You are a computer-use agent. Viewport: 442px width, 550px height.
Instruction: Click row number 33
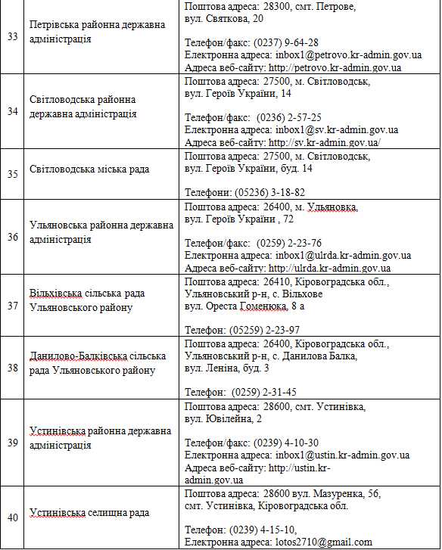[x=13, y=36]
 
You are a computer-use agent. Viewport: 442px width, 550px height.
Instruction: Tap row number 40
[x=13, y=517]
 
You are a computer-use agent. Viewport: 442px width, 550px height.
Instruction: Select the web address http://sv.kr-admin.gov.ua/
[x=324, y=142]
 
